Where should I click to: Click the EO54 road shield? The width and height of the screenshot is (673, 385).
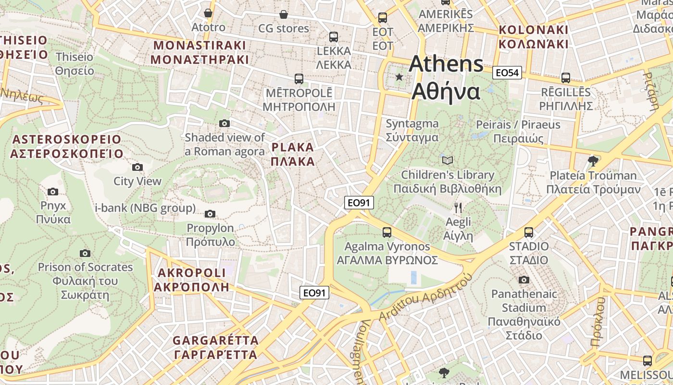click(x=507, y=73)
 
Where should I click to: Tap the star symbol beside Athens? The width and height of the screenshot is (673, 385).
click(x=399, y=77)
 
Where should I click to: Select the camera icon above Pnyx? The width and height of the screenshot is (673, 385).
click(x=53, y=192)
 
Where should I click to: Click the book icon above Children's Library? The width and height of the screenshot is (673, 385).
click(x=447, y=160)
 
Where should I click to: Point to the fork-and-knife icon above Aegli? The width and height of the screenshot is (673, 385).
click(x=458, y=208)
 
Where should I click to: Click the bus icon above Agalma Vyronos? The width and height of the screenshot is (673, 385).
click(x=387, y=232)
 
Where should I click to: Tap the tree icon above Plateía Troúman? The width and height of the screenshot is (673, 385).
click(x=593, y=161)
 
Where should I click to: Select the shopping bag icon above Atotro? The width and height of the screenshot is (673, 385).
click(x=208, y=13)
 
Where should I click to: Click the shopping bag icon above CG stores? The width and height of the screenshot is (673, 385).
click(x=284, y=14)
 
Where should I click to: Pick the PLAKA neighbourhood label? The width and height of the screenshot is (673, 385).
click(x=292, y=154)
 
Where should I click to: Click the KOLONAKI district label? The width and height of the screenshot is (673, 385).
click(x=533, y=37)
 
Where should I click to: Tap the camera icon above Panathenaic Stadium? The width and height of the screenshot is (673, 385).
click(x=524, y=280)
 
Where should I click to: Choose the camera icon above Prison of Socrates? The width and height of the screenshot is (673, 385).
click(x=85, y=253)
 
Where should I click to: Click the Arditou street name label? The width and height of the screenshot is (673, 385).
click(x=423, y=301)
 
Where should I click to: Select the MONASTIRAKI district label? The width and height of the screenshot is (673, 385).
click(x=199, y=53)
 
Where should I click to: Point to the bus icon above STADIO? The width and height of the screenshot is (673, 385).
click(x=529, y=232)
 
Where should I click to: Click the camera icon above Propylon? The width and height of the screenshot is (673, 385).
click(x=210, y=214)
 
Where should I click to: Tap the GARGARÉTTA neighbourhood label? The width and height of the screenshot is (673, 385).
click(x=215, y=347)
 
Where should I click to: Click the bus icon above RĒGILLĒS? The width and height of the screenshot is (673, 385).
click(x=566, y=77)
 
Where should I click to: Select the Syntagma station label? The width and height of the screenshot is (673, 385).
click(x=412, y=130)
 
